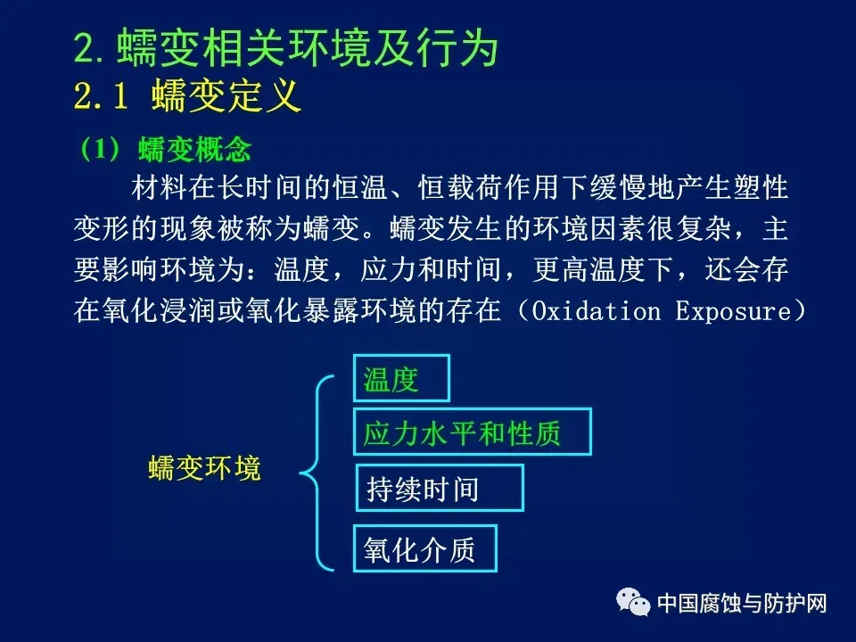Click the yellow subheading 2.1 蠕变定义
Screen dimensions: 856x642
point(187,95)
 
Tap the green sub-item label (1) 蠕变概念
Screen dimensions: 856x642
point(166,149)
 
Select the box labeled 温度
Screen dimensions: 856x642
point(401,378)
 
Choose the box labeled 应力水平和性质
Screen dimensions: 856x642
point(473,432)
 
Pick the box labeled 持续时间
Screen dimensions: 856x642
point(440,488)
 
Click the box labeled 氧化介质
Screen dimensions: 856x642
point(425,548)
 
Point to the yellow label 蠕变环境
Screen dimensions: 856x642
point(205,468)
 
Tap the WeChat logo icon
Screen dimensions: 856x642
point(633,602)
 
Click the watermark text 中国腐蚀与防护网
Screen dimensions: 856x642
point(742,604)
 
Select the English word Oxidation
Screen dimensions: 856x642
point(597,311)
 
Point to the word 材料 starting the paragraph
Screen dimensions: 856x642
point(160,187)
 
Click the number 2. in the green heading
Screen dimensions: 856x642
point(88,48)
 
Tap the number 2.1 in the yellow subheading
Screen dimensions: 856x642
point(101,95)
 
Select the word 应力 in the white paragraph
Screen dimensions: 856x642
point(389,269)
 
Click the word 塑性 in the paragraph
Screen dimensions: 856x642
point(761,187)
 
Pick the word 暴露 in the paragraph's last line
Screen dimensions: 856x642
point(332,310)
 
